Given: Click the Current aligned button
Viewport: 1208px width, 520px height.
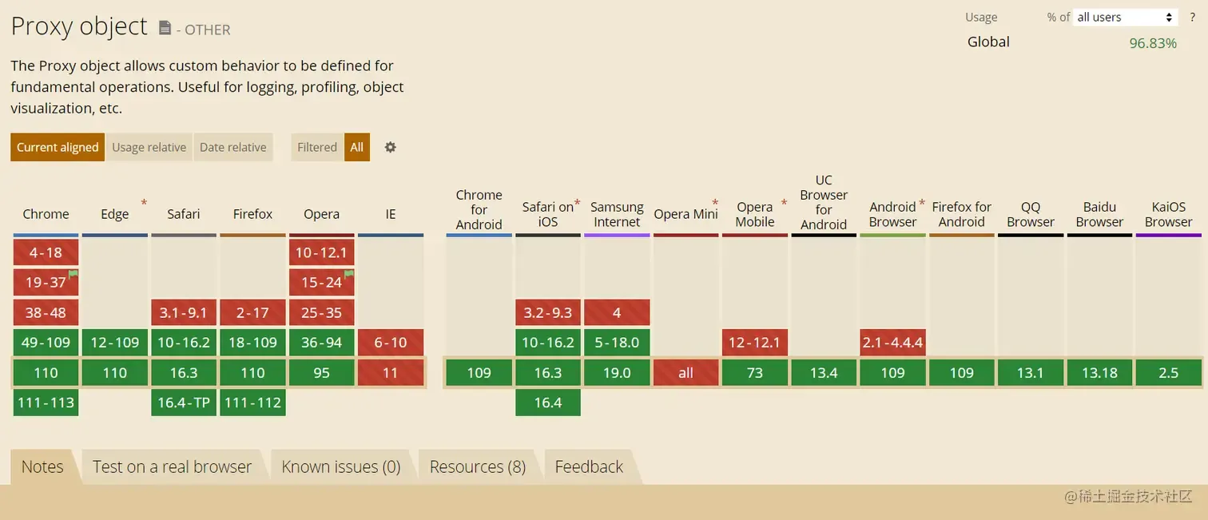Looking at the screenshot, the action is click(58, 147).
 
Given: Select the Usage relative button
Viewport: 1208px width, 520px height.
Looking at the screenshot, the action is click(149, 147).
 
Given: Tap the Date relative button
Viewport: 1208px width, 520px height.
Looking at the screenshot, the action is click(233, 147).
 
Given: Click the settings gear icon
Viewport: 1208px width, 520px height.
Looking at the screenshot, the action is click(391, 147).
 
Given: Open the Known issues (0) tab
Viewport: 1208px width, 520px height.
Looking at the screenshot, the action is click(341, 466).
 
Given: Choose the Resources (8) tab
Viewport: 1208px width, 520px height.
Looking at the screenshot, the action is click(478, 466).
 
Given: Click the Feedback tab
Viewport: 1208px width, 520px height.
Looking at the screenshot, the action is click(589, 466).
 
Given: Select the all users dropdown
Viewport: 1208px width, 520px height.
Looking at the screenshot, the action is click(1124, 18).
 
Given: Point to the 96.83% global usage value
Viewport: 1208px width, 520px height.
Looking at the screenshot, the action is click(1153, 43).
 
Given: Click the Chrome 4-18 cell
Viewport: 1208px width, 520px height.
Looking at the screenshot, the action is click(46, 252).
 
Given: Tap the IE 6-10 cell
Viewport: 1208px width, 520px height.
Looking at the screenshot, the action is click(391, 343).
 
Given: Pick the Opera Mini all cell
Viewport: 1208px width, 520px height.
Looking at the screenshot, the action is click(686, 373).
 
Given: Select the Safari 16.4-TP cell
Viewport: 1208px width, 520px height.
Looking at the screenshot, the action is click(184, 403).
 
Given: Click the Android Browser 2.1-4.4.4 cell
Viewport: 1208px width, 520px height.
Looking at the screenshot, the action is click(892, 343).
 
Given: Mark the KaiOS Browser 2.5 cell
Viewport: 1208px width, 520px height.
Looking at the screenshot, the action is click(1169, 373).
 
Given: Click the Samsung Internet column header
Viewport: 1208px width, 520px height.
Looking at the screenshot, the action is click(617, 214).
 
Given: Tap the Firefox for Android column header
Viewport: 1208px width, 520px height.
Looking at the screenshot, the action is click(962, 214).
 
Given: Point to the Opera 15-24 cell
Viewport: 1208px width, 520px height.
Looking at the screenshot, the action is click(321, 282).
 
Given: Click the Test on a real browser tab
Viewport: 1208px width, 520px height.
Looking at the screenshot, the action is click(172, 466).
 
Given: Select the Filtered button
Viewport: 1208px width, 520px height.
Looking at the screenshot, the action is click(317, 147).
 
